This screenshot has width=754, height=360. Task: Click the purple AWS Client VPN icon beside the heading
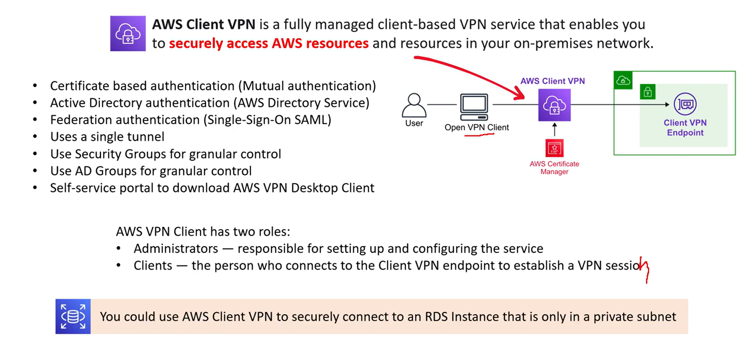point(128,33)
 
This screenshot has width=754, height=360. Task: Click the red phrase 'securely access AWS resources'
point(269,43)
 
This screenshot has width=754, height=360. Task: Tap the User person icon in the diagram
point(414,105)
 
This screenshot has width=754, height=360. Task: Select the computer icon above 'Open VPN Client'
point(474,107)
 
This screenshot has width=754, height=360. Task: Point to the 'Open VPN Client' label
point(477,127)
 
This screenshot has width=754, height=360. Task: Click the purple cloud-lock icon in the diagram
point(554,105)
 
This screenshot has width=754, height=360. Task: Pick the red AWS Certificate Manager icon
point(554,148)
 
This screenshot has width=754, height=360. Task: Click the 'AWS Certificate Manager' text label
point(554,167)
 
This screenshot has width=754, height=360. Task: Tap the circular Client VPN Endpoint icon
point(685,104)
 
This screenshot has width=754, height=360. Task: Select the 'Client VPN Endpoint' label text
point(685,128)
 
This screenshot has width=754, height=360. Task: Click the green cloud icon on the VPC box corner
point(623,81)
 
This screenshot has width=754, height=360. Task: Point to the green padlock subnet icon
point(648,92)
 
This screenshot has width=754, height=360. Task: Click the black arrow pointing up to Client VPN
point(555,130)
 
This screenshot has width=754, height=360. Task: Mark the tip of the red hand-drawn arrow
point(524,99)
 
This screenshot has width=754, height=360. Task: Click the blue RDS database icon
point(73,316)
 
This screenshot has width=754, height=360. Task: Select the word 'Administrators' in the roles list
point(176,249)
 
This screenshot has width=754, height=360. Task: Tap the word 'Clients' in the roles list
point(153,265)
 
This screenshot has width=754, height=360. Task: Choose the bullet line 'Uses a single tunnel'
point(107,137)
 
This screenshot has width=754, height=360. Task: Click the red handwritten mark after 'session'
point(645,269)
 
